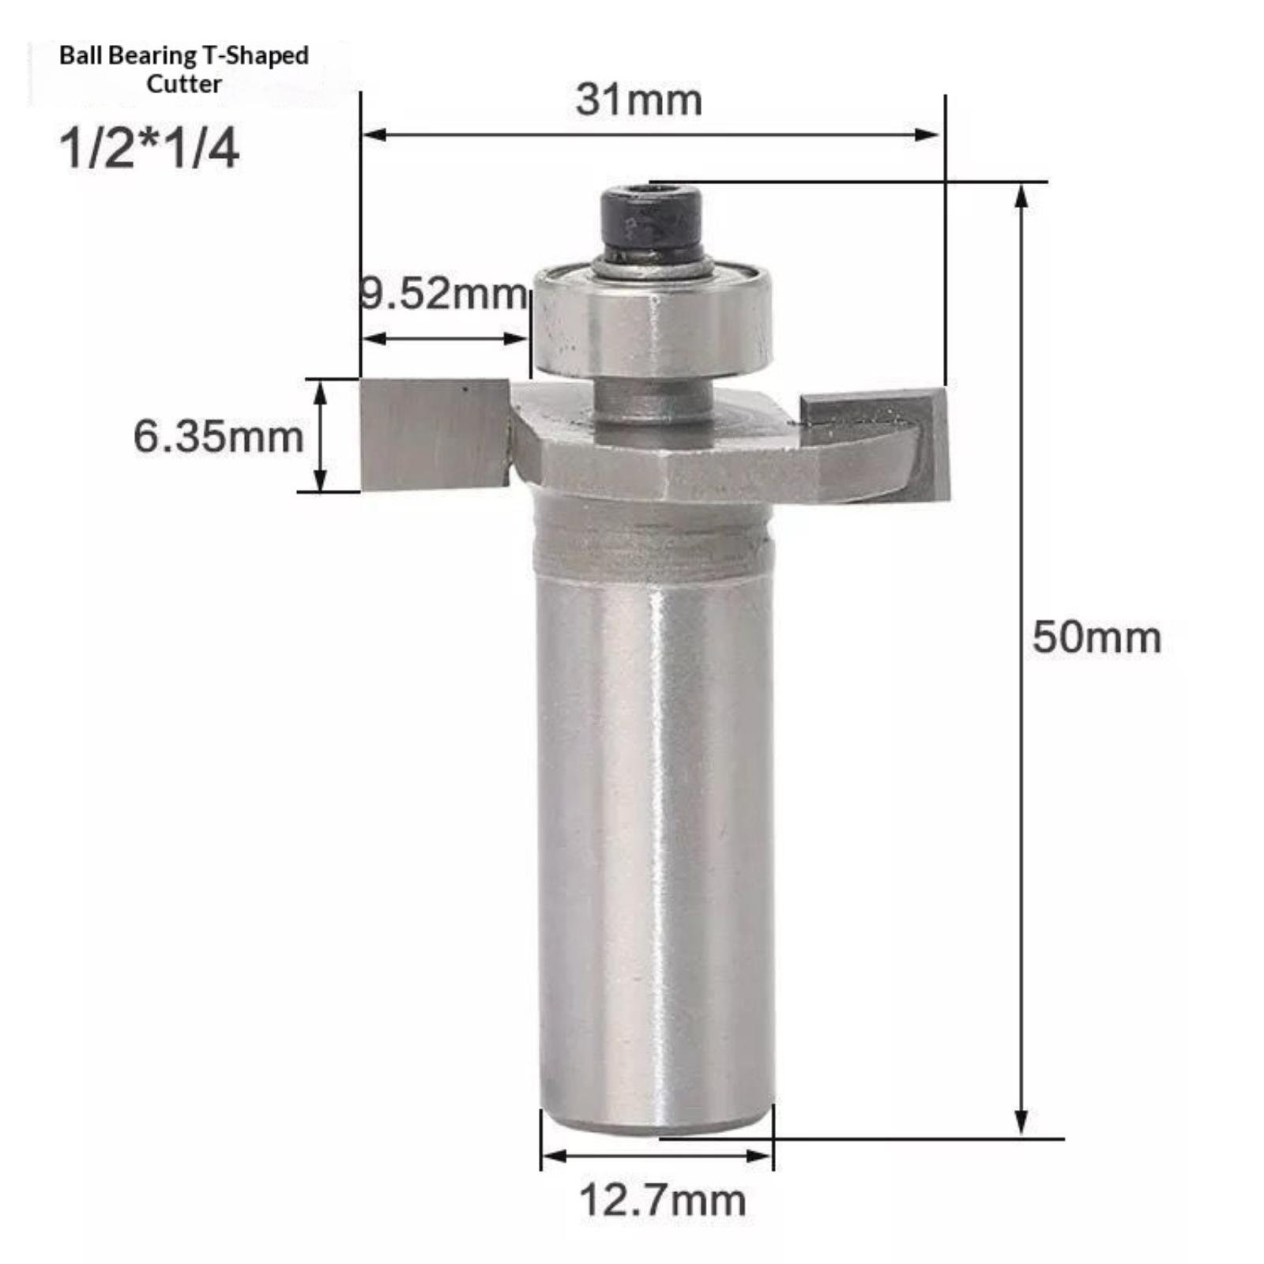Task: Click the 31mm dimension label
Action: [x=638, y=100]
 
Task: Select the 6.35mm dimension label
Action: [x=218, y=437]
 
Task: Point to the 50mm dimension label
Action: [x=1097, y=638]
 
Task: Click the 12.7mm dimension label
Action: [x=662, y=1200]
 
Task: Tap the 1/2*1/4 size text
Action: [x=149, y=148]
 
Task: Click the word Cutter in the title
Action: [x=184, y=84]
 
